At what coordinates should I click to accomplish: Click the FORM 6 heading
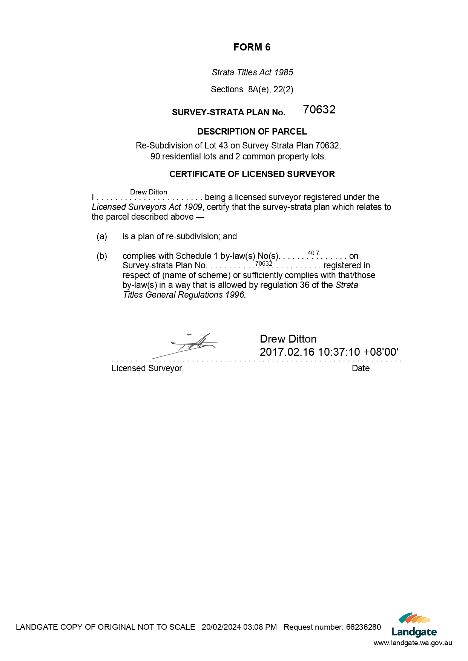tap(252, 47)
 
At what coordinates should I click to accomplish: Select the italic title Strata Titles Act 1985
tap(252, 72)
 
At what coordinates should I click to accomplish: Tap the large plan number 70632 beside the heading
tap(319, 109)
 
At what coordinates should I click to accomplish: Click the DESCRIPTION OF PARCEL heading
tap(252, 132)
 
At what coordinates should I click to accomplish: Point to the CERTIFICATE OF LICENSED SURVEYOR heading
tap(252, 174)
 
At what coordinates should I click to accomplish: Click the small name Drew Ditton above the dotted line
tap(148, 192)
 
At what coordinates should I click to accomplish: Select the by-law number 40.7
tap(313, 253)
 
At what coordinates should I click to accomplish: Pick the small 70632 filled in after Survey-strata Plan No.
tap(264, 263)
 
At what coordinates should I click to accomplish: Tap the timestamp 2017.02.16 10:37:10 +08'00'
tap(329, 352)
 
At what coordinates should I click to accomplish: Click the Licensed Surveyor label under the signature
tap(147, 368)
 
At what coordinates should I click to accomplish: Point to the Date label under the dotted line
tap(361, 368)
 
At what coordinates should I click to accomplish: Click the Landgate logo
tap(414, 625)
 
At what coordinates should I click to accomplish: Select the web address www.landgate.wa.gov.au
tap(413, 643)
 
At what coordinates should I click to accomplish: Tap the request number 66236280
tap(364, 627)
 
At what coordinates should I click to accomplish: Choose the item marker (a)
tap(102, 236)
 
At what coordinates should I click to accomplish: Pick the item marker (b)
tap(102, 256)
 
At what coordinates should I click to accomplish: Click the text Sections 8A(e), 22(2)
tap(252, 89)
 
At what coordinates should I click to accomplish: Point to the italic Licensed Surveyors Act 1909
tap(147, 207)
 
